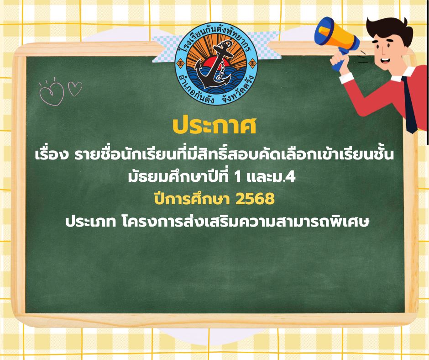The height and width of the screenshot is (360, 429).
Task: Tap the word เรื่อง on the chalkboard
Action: (51, 154)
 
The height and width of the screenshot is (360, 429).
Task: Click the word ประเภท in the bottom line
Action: (90, 222)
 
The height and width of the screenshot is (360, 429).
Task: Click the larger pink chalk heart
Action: (52, 94)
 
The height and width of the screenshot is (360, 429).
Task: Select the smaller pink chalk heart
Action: (75, 89)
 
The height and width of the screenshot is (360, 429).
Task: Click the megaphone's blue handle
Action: (341, 60)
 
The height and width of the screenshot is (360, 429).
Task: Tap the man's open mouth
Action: (385, 60)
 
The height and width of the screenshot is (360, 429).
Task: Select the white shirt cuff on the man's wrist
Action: (346, 78)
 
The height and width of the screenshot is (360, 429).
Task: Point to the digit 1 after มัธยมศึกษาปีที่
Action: (237, 177)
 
